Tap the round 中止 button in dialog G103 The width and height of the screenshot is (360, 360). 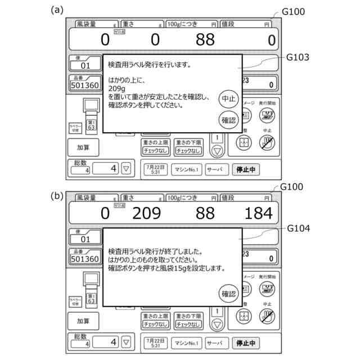click(x=227, y=98)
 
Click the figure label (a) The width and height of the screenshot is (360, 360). click(x=56, y=10)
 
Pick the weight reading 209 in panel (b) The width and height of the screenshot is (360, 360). click(x=147, y=214)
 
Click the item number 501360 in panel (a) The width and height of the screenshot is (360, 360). click(x=85, y=85)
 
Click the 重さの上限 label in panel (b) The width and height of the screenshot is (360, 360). click(x=155, y=316)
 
